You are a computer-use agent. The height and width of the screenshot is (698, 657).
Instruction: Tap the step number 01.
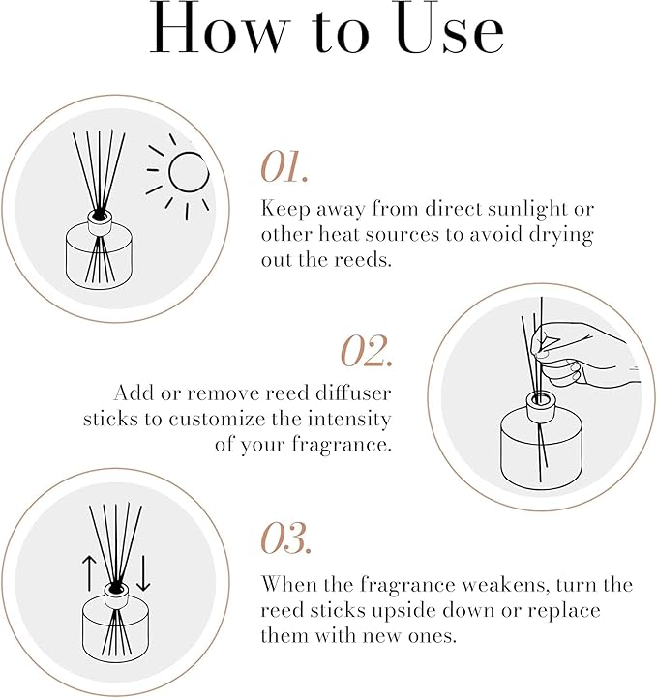coord(284,166)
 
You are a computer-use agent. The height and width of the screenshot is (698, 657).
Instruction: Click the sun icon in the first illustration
coord(182,175)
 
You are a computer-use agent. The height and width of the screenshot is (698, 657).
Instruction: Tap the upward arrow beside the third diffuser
coord(89,573)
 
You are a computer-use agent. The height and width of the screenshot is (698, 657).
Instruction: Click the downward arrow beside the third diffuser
coord(142,573)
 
